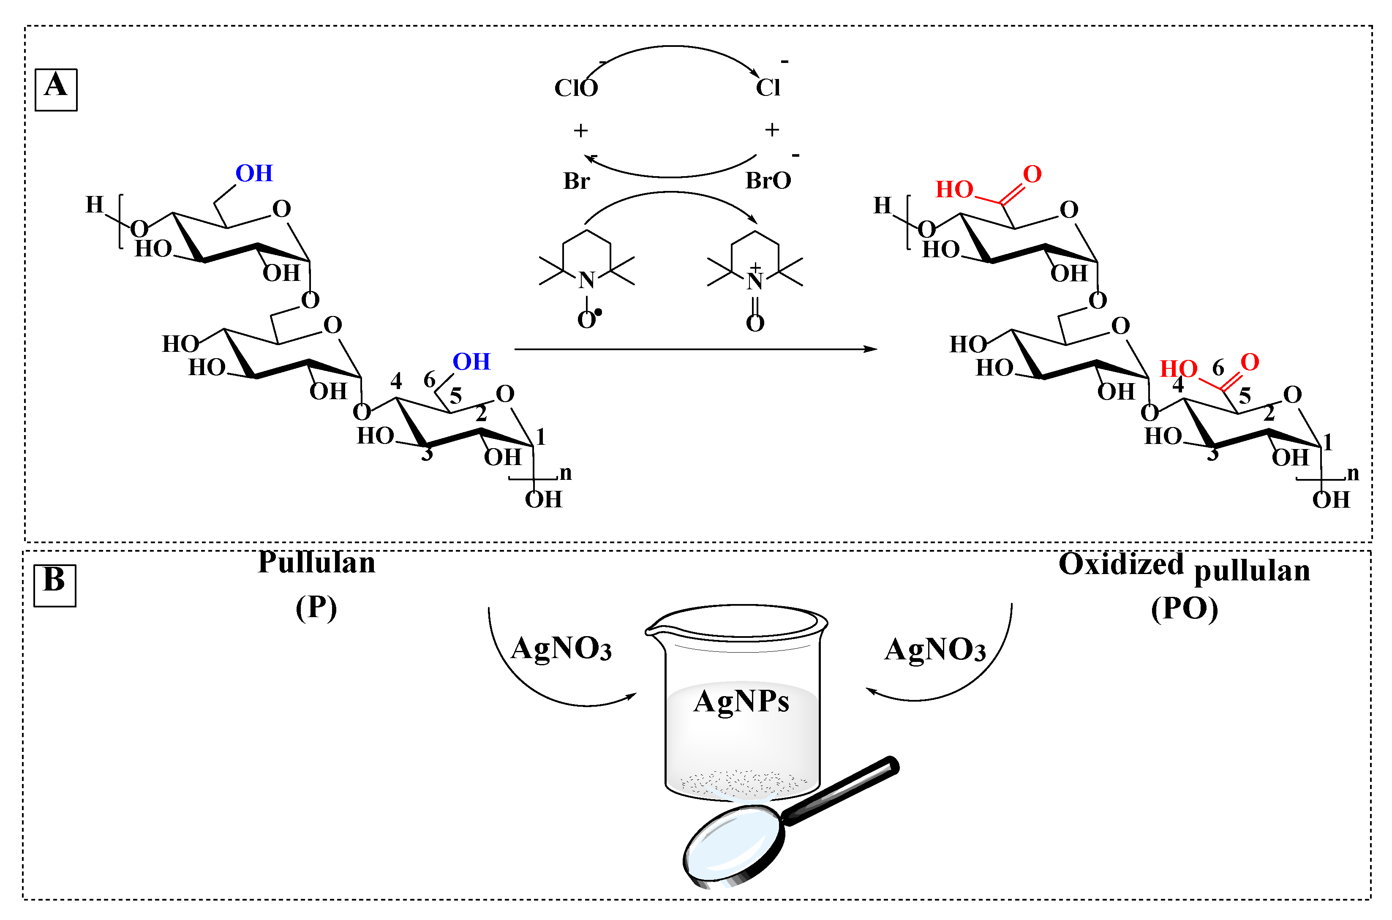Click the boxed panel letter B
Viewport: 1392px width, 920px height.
[x=54, y=584]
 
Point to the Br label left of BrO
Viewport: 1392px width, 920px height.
[x=576, y=181]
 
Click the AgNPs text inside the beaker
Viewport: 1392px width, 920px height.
[x=741, y=701]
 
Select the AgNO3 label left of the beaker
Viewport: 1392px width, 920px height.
[x=561, y=649]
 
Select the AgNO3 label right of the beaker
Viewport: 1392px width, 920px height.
[x=935, y=650]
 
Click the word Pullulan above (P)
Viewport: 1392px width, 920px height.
[x=316, y=563]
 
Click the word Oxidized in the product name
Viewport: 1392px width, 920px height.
[x=1121, y=564]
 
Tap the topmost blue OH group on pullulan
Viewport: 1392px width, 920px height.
[x=254, y=174]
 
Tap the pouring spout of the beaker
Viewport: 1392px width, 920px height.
[x=650, y=631]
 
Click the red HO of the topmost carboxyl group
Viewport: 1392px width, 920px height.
[x=953, y=190]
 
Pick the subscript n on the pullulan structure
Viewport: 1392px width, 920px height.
[x=565, y=473]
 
